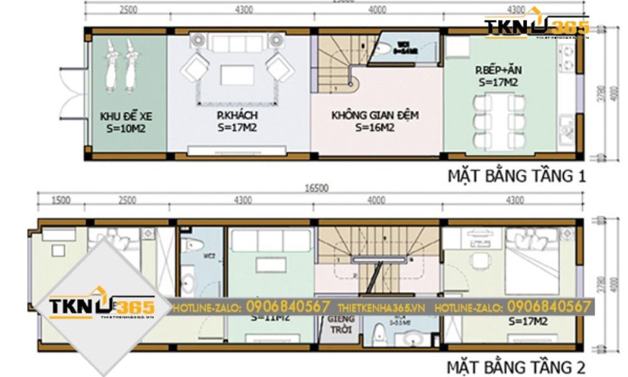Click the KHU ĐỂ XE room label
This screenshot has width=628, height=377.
pyautogui.click(x=126, y=116)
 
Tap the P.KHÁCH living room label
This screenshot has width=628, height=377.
pyautogui.click(x=237, y=116)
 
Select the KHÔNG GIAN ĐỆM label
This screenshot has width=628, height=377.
pyautogui.click(x=375, y=116)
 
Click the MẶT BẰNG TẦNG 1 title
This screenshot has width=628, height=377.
pyautogui.click(x=516, y=176)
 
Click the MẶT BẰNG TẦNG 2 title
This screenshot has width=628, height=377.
pyautogui.click(x=516, y=366)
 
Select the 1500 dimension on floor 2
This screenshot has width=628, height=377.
pyautogui.click(x=60, y=200)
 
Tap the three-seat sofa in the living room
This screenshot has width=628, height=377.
pyautogui.click(x=237, y=43)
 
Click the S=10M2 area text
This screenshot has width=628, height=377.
pyautogui.click(x=126, y=128)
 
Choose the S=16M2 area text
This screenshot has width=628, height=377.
pyautogui.click(x=375, y=128)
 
